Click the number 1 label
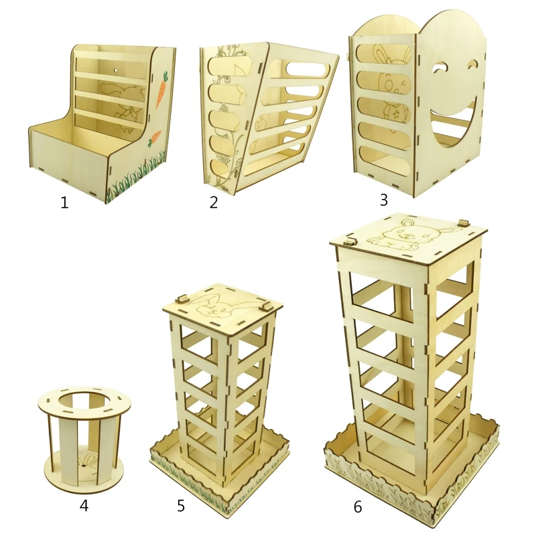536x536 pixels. pyautogui.click(x=64, y=203)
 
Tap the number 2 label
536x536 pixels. pyautogui.click(x=214, y=202)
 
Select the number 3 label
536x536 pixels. pyautogui.click(x=384, y=200)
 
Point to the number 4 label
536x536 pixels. pyautogui.click(x=84, y=505)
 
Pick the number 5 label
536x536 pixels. pyautogui.click(x=181, y=506)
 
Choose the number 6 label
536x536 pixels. pyautogui.click(x=358, y=507)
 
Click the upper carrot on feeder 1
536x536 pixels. pyautogui.click(x=161, y=90)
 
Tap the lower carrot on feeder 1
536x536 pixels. pyautogui.click(x=155, y=137)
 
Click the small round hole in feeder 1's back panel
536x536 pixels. pyautogui.click(x=115, y=70)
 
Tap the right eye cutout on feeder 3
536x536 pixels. pyautogui.click(x=474, y=64)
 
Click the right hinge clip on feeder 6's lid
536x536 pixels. pyautogui.click(x=464, y=222)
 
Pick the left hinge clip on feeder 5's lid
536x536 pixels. pyautogui.click(x=182, y=299)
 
